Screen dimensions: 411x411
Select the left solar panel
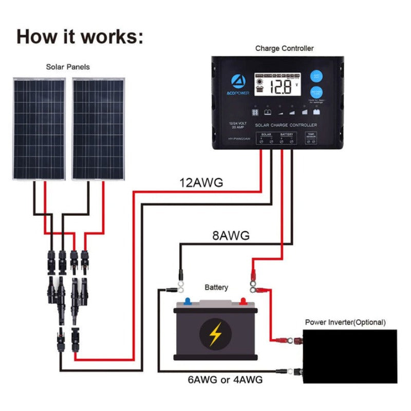coord(40,128)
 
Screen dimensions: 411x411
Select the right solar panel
coord(98,128)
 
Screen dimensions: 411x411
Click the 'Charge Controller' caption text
coord(284,48)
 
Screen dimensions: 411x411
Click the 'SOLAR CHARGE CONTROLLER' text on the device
coord(286,125)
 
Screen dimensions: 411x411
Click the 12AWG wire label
coord(201,182)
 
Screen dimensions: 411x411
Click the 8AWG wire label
coord(231,236)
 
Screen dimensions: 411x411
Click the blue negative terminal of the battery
coord(188,301)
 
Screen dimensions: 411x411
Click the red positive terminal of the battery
coord(241,301)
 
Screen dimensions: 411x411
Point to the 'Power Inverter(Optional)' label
coord(345,322)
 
